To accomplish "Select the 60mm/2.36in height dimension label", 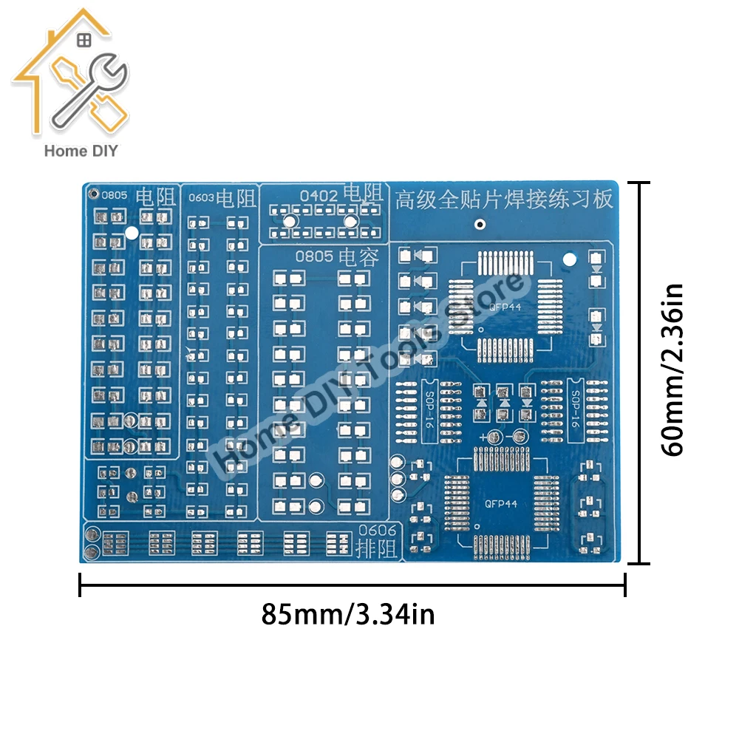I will tap(674, 371).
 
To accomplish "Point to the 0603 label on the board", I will tap(201, 198).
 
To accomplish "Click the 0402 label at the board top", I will tap(319, 195).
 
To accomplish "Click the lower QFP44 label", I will tap(500, 504).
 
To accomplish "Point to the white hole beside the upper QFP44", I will tap(569, 259).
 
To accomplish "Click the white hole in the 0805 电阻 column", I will tap(132, 233).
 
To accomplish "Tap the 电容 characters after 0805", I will tap(359, 258).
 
